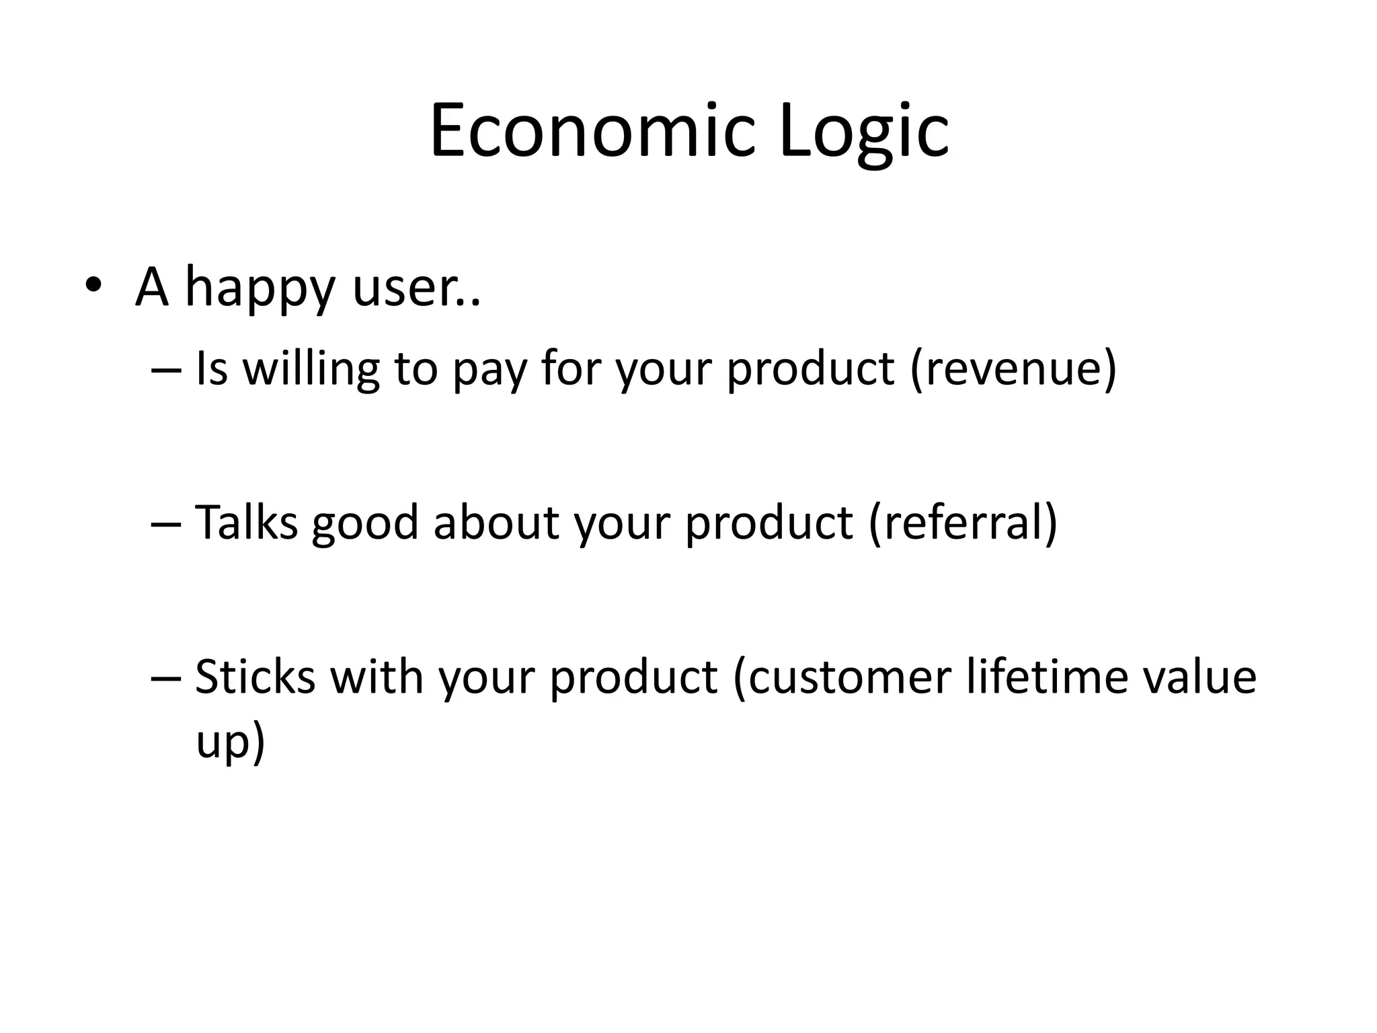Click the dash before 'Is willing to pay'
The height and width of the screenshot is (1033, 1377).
pos(165,369)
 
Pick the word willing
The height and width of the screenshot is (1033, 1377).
pos(310,369)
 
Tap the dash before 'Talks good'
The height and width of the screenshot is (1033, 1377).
pos(165,523)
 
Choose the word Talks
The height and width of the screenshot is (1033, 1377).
pos(246,522)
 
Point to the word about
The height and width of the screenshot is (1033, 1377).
pos(496,522)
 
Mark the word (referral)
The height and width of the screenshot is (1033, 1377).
pos(963,523)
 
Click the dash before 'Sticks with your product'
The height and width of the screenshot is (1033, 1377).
pos(165,677)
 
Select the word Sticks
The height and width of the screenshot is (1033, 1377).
pos(255,676)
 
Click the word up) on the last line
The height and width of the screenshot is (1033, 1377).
pos(231,742)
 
